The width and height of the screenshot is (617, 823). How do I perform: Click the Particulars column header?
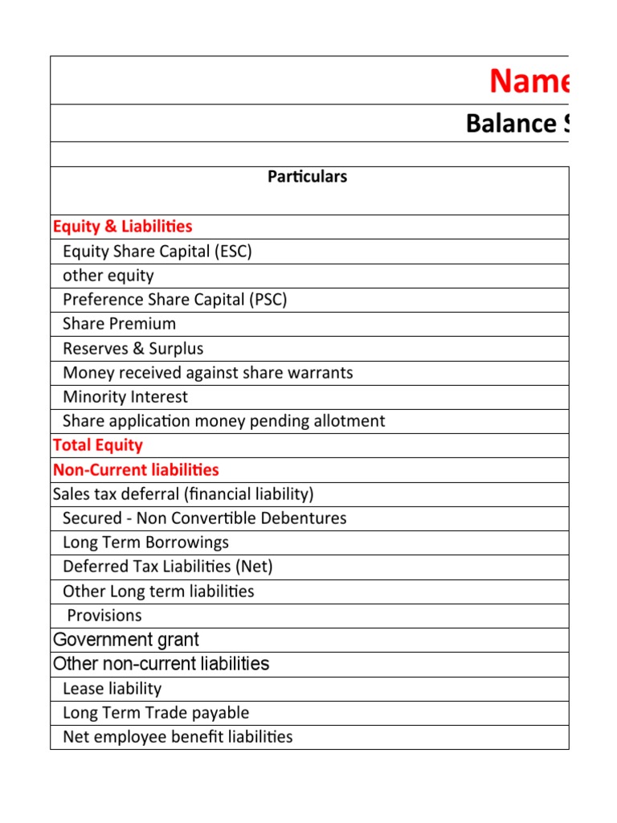click(x=308, y=177)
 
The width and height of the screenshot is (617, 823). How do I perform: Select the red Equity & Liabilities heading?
click(x=122, y=227)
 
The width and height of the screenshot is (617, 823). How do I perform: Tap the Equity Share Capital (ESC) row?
click(x=157, y=252)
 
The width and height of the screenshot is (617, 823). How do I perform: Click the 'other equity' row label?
click(x=108, y=276)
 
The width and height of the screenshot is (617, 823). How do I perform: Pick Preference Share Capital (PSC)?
click(x=174, y=300)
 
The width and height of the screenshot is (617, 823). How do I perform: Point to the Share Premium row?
click(x=119, y=324)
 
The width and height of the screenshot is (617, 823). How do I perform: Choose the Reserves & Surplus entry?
click(x=133, y=349)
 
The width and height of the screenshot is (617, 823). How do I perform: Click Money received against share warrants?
click(x=207, y=373)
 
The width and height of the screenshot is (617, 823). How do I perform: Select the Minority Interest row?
click(x=125, y=397)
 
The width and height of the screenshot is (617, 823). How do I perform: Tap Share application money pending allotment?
click(x=223, y=421)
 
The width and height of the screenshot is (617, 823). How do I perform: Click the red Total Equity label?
click(x=97, y=445)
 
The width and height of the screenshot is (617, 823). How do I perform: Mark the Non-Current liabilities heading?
click(x=135, y=469)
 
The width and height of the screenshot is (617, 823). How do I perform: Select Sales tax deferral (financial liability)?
click(x=182, y=494)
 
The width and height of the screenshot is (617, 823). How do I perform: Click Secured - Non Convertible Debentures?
click(x=204, y=518)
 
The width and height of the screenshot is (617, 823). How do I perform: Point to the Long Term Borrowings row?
click(x=145, y=543)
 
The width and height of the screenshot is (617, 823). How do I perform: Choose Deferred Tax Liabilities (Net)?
click(x=167, y=567)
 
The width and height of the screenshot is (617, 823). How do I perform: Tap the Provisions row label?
click(x=104, y=616)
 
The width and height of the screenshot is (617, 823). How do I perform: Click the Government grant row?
click(x=125, y=640)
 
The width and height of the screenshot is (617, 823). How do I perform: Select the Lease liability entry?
click(x=112, y=689)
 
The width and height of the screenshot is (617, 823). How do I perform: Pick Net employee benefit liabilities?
click(x=178, y=737)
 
